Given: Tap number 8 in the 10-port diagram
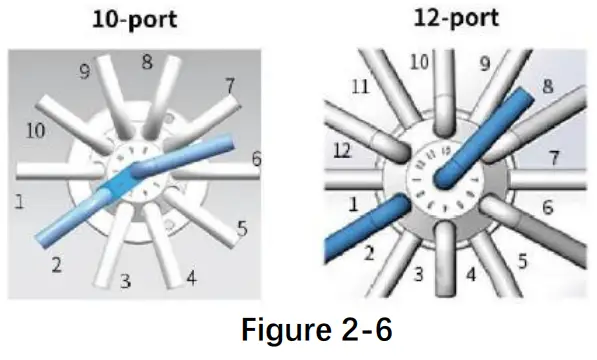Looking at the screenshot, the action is coord(147,62).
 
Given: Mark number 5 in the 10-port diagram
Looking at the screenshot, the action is coord(242,229).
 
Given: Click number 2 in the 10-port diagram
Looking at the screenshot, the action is coord(57,265).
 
